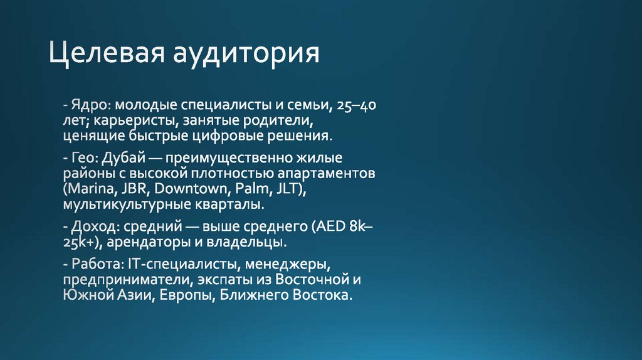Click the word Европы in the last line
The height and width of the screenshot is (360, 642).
click(x=184, y=295)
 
